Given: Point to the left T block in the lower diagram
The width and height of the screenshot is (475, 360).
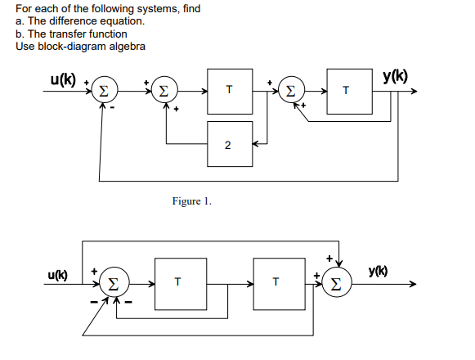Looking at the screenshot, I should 177,283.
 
